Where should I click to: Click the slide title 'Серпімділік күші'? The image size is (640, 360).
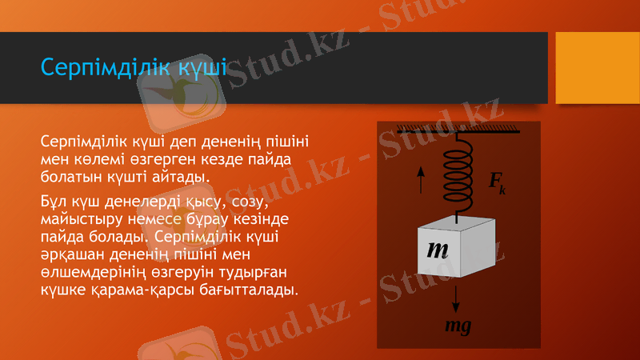coord(133,67)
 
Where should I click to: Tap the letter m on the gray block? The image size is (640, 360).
coord(437,249)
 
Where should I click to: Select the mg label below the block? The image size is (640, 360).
coord(458,326)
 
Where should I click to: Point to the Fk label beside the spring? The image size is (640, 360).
coord(497,183)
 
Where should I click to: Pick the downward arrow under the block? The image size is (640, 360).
coord(457,298)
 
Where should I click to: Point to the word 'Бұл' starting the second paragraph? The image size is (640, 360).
coord(54,201)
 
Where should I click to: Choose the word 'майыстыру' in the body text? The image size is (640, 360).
coord(77,219)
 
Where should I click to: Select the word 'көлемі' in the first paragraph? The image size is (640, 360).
coord(98,159)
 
